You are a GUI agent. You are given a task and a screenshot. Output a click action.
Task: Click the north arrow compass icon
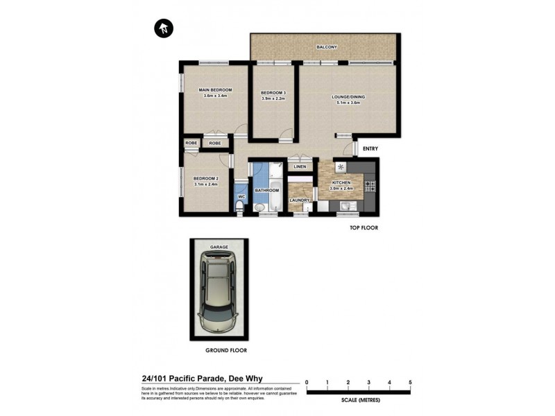(163, 28)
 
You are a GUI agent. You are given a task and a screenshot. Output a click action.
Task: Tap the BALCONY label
(326, 46)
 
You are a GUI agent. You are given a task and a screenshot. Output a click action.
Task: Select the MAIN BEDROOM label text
(215, 90)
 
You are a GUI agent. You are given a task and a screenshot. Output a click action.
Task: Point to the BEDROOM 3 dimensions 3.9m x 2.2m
(273, 98)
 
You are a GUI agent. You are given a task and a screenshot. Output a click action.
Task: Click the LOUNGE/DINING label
(348, 97)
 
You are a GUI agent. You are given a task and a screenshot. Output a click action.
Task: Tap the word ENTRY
(370, 148)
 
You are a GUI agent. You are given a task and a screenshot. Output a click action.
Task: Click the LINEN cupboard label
(300, 167)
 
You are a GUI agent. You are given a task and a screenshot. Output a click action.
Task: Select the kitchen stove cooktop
(370, 186)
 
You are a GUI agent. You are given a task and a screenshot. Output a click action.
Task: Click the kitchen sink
(346, 206)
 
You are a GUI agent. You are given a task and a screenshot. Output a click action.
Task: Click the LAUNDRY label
(299, 200)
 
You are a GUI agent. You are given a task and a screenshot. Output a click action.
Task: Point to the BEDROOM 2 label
(206, 178)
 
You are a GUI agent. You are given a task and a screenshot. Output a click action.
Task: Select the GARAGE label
(219, 246)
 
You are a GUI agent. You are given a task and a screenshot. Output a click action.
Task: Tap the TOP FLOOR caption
(364, 227)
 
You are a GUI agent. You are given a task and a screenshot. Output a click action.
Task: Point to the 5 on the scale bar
(410, 382)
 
